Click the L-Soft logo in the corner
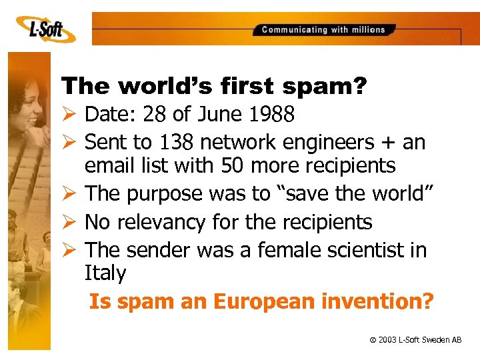coord(43,28)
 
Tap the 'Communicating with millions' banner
coord(323,29)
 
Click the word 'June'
coord(217,115)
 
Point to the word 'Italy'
coord(105,273)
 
